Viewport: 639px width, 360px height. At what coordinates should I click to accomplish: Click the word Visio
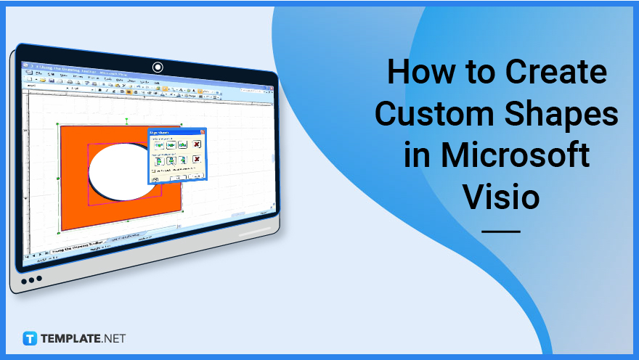(x=502, y=196)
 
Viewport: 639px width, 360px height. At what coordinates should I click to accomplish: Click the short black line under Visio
(x=501, y=232)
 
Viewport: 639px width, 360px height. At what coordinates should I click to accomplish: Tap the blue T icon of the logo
(x=30, y=338)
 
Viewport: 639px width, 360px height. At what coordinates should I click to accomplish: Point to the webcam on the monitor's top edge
(x=158, y=67)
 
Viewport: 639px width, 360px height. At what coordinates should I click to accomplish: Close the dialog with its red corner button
(x=203, y=132)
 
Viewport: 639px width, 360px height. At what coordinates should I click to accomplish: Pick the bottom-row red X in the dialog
(x=196, y=160)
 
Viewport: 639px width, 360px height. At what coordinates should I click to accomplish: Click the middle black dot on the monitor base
(x=31, y=280)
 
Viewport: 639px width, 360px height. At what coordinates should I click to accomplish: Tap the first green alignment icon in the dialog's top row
(x=158, y=145)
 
